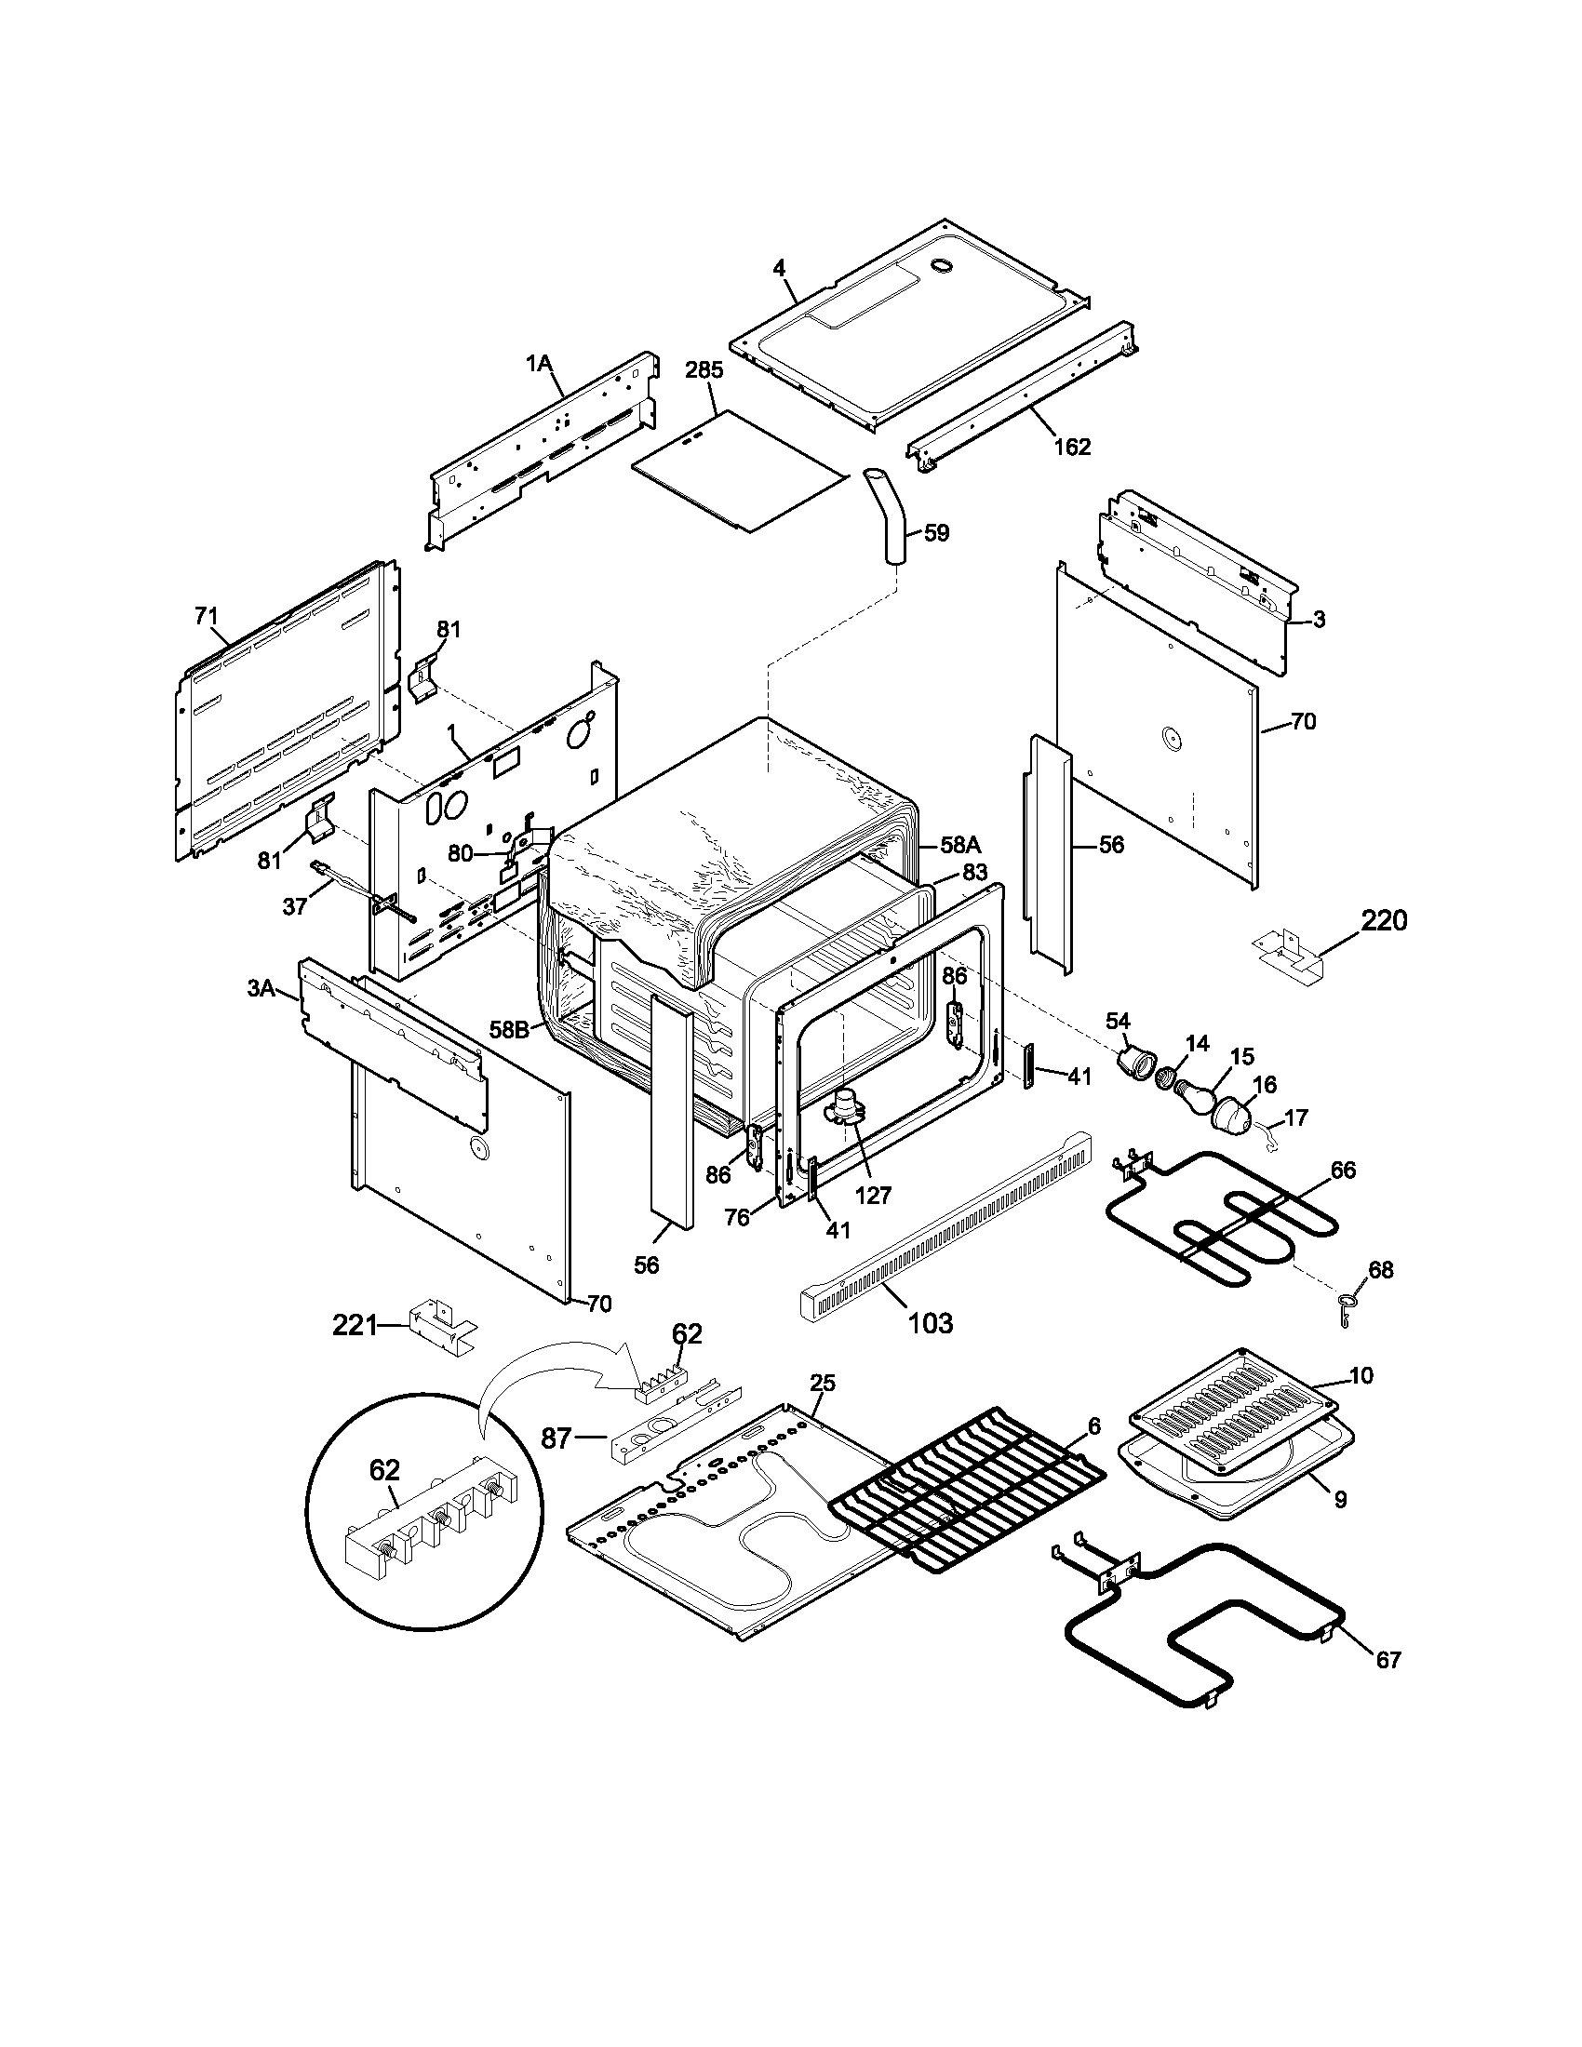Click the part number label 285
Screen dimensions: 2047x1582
click(x=704, y=370)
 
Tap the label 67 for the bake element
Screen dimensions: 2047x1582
click(x=1388, y=1660)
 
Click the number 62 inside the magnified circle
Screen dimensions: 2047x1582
click(x=384, y=1469)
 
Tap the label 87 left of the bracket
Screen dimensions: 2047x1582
click(x=556, y=1438)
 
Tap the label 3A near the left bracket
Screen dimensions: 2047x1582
click(x=261, y=988)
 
